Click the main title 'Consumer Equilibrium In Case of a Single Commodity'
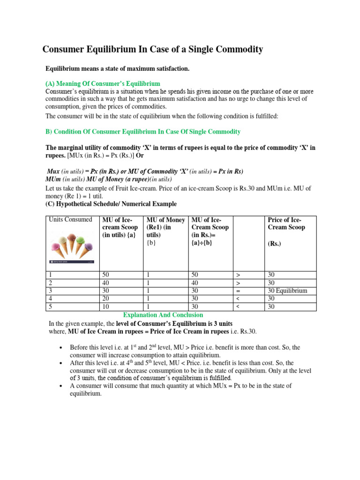153,49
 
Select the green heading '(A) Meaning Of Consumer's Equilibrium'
103,83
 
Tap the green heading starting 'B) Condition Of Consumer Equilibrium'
143,132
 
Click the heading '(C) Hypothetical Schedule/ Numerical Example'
111,204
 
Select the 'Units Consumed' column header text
69,220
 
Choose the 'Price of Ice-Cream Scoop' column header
286,224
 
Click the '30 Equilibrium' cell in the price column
287,291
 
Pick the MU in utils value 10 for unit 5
105,307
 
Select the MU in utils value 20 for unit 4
105,299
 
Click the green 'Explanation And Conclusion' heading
163,315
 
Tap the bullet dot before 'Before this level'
61,348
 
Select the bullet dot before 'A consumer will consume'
61,386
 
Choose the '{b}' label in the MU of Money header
152,243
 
